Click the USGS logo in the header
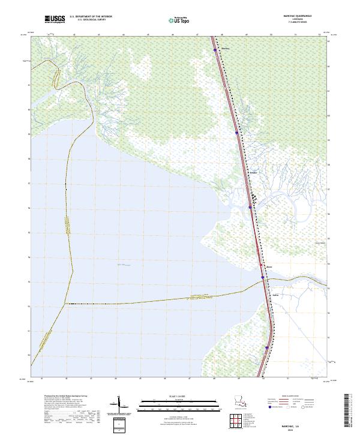click(x=55, y=19)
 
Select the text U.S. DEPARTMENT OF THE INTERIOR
click(x=91, y=17)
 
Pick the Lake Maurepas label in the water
click(x=123, y=264)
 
